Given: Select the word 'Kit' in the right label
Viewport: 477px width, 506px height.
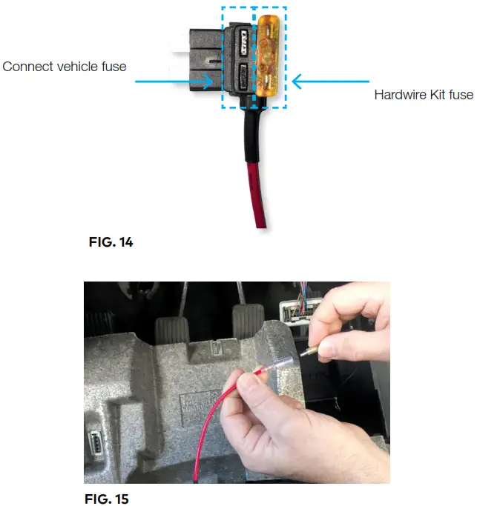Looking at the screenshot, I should (x=434, y=95).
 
